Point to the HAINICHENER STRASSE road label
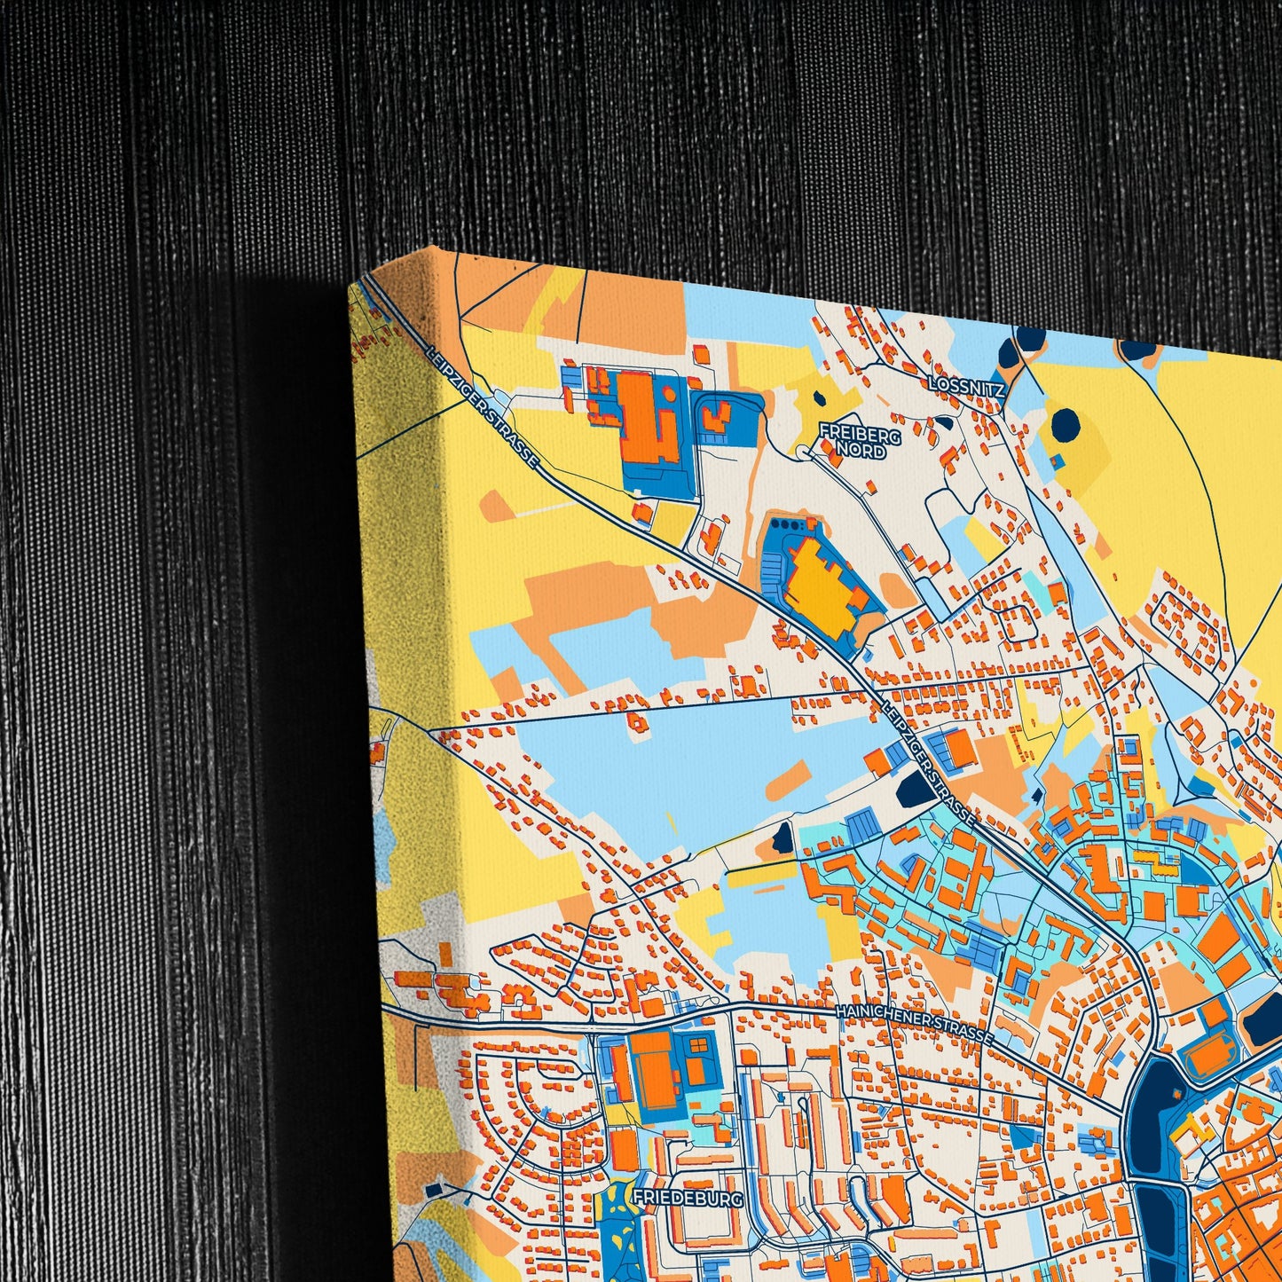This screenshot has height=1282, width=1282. tap(914, 1025)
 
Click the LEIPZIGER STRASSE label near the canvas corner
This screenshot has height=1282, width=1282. tap(483, 406)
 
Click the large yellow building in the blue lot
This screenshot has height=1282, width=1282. tap(821, 586)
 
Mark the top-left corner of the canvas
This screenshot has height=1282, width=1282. tap(353, 282)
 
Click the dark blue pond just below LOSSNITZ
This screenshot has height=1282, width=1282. tap(1066, 424)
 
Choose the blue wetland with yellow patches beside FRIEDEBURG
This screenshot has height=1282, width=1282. tap(614, 1233)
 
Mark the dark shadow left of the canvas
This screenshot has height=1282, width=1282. tap(293, 710)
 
